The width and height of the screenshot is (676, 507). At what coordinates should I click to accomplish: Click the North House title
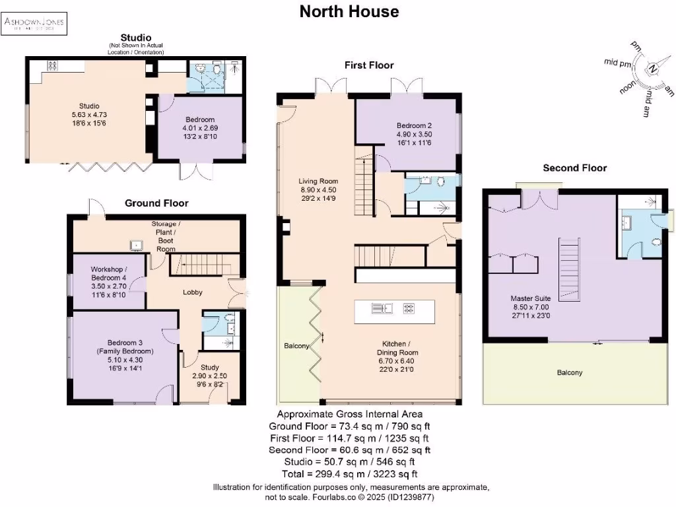(x=349, y=11)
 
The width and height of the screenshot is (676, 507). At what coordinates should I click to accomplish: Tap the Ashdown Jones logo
(x=34, y=24)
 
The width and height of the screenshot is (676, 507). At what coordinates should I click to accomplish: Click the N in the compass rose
(x=652, y=69)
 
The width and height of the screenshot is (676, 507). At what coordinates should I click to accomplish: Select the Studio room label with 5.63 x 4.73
(x=86, y=114)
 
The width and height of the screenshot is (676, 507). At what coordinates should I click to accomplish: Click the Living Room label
(x=318, y=189)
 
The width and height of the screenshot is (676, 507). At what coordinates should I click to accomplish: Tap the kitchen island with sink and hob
(x=394, y=312)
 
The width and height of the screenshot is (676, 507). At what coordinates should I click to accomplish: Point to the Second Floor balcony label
(x=569, y=373)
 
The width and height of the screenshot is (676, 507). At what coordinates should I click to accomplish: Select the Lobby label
(x=192, y=292)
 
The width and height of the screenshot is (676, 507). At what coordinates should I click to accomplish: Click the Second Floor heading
(x=574, y=168)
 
